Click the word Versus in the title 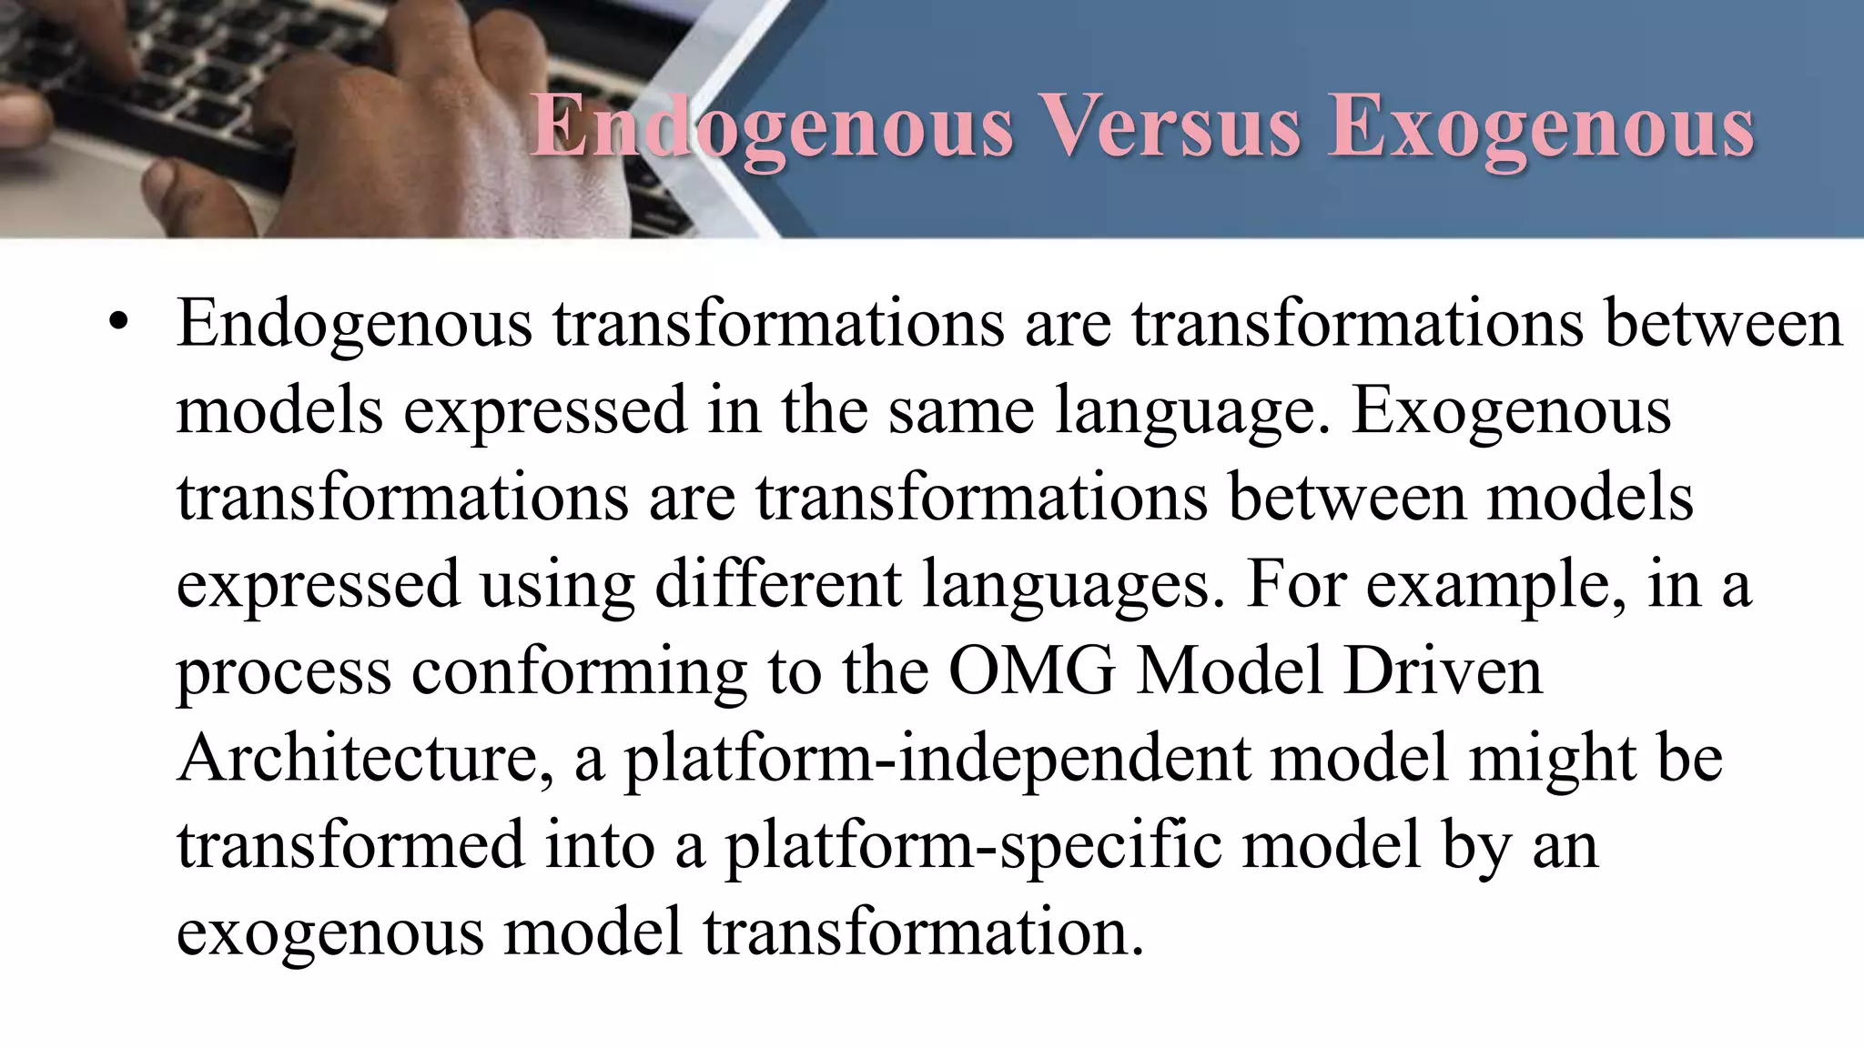tap(1172, 126)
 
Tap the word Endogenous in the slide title tap(772, 128)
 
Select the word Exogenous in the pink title tap(1541, 128)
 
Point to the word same tap(961, 410)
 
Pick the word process tap(283, 671)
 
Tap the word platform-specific tap(972, 845)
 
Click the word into tap(600, 845)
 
